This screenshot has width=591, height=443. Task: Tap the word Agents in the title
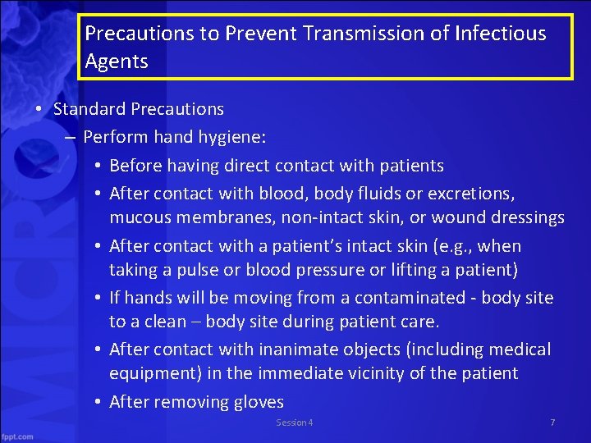pos(117,62)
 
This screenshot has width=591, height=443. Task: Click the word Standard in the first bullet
pos(89,108)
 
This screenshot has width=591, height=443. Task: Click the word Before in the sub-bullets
pos(135,166)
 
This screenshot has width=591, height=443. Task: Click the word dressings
pos(525,217)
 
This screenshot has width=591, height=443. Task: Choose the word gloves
pos(257,402)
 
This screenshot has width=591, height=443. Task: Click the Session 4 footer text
pos(294,422)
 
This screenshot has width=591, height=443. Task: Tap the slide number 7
pos(552,422)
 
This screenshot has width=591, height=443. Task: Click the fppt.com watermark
pos(17,436)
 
